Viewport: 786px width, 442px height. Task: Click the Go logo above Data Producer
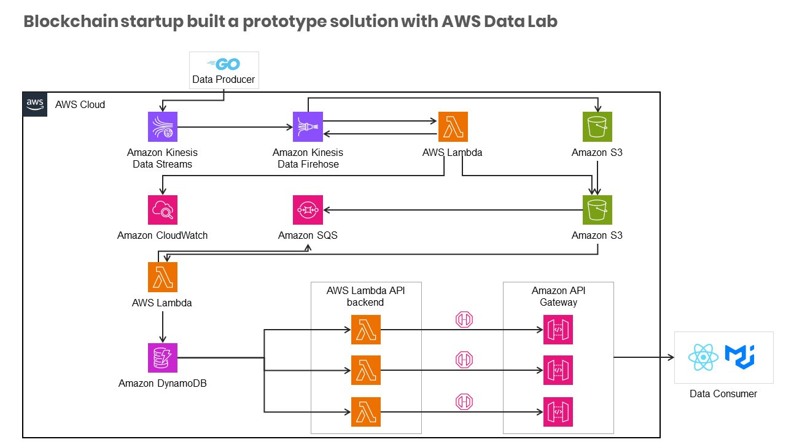click(224, 64)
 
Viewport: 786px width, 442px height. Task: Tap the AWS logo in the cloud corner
click(35, 104)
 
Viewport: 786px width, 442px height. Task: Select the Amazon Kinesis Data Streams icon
click(163, 127)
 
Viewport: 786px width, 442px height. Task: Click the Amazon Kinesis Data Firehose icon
click(308, 127)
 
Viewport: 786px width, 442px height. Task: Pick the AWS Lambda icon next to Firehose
click(453, 127)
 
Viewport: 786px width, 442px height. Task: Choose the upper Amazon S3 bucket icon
click(597, 127)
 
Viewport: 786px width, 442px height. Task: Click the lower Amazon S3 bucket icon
click(597, 211)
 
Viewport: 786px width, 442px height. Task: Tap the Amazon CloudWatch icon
click(163, 211)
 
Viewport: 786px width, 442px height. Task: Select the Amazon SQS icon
click(308, 211)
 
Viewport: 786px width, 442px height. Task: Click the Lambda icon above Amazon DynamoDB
click(163, 277)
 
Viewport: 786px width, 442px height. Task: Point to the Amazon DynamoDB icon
click(163, 358)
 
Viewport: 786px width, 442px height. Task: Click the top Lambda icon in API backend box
click(366, 330)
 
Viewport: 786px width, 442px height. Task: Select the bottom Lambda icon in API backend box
click(366, 412)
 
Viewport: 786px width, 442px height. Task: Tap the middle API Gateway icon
click(558, 370)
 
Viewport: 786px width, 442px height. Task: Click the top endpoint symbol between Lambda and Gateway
click(464, 319)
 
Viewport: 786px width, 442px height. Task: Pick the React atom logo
click(703, 357)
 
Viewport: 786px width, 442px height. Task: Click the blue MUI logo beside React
click(739, 356)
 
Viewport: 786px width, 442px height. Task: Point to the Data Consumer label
click(723, 394)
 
